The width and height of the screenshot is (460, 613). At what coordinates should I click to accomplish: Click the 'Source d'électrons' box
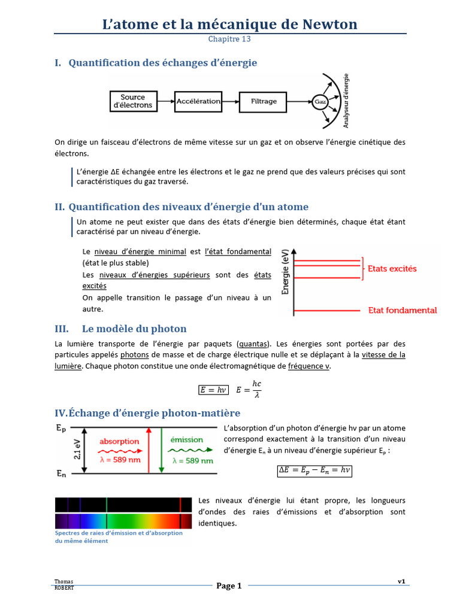(132, 101)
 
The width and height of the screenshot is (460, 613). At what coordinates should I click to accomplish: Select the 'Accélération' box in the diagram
(198, 101)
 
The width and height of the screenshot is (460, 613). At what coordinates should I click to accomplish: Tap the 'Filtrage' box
(264, 101)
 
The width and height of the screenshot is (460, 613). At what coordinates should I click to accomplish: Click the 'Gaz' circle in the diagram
(320, 102)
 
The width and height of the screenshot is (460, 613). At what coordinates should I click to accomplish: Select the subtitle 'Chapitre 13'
(229, 40)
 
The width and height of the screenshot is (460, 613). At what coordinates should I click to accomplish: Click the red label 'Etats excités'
(392, 269)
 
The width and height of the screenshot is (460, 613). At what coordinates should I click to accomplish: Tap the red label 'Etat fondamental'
(402, 310)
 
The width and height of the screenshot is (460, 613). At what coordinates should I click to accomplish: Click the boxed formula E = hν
(214, 390)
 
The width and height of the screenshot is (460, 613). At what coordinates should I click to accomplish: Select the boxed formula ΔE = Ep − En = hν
(314, 471)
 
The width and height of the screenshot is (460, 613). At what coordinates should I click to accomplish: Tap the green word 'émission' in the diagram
(187, 439)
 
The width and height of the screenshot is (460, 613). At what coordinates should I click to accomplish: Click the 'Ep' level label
(61, 428)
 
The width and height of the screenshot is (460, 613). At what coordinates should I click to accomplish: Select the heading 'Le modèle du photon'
(134, 329)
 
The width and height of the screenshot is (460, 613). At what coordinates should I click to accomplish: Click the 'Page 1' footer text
(229, 586)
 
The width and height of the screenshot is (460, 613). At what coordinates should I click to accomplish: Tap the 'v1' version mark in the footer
(401, 581)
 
